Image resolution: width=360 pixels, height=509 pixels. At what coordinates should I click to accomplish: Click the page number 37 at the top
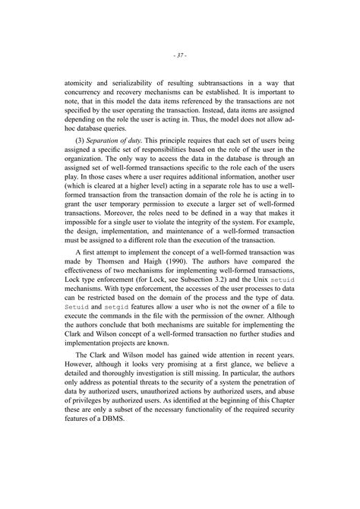[x=179, y=55]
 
